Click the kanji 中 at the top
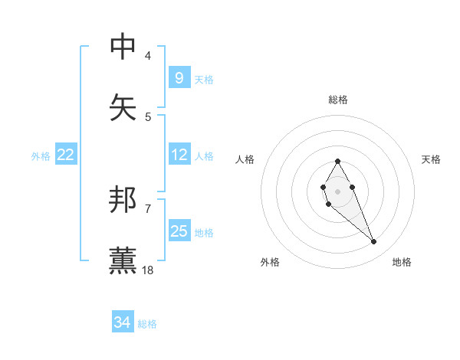click(x=123, y=47)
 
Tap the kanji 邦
click(x=123, y=200)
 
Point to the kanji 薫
click(x=123, y=261)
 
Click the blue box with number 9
click(x=179, y=78)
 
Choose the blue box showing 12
click(x=179, y=155)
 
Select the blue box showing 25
click(x=179, y=231)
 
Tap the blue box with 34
click(x=122, y=323)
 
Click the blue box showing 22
click(x=66, y=155)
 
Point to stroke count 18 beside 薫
click(x=148, y=270)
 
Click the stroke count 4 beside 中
click(x=148, y=55)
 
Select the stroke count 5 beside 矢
click(x=148, y=116)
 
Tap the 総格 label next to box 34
click(x=147, y=324)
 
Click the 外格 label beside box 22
click(x=41, y=155)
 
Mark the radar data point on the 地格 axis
click(x=373, y=242)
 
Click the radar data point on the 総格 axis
click(x=337, y=161)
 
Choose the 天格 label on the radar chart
click(x=431, y=159)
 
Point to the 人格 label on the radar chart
click(x=245, y=159)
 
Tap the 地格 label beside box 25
click(x=204, y=232)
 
